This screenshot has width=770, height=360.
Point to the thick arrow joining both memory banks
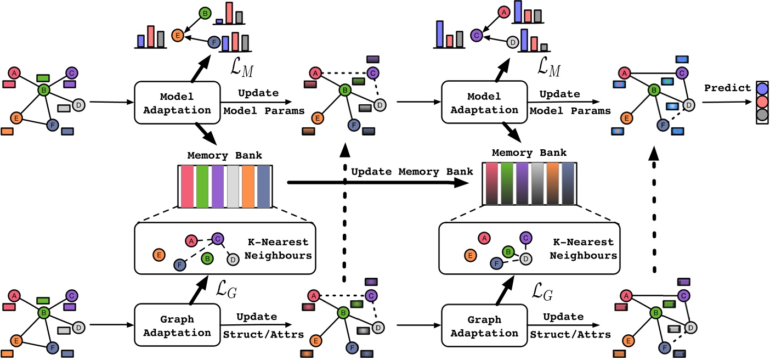[x=373, y=185]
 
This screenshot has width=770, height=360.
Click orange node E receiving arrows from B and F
[x=177, y=36]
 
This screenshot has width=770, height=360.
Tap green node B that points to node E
[x=203, y=13]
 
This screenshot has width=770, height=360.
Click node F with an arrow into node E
[x=214, y=42]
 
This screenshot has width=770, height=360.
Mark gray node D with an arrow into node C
[x=513, y=41]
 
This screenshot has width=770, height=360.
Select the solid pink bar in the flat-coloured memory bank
[x=187, y=186]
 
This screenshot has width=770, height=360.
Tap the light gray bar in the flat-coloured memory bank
[x=234, y=186]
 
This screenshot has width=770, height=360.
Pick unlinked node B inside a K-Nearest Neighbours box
[x=207, y=257]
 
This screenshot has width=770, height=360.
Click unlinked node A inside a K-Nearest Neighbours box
[x=484, y=238]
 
